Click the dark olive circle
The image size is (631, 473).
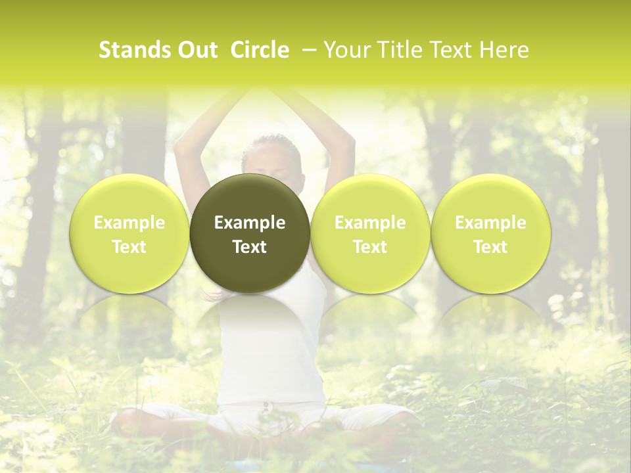click(x=250, y=233)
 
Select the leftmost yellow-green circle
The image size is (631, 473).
click(x=129, y=233)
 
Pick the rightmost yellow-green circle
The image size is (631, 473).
click(x=490, y=233)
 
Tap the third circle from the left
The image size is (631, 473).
click(x=370, y=233)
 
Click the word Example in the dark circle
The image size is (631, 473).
click(x=250, y=223)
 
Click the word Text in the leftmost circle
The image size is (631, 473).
click(x=129, y=247)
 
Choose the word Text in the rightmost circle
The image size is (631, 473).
click(x=490, y=247)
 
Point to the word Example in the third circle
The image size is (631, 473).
click(x=370, y=223)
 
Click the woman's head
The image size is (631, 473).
click(x=271, y=154)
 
